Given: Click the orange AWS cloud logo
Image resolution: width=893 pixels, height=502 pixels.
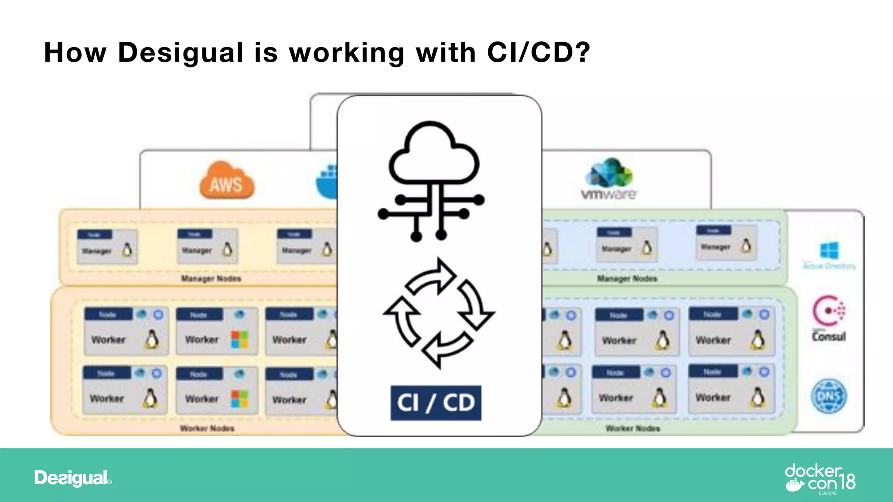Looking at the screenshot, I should [x=227, y=181].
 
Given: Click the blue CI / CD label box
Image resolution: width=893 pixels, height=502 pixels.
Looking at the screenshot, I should [x=436, y=403].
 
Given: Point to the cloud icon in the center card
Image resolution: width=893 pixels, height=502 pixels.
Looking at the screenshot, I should [x=434, y=155].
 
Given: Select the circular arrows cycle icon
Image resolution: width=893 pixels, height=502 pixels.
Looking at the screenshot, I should [x=438, y=313].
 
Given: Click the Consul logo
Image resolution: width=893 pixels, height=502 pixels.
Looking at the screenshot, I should [x=828, y=318].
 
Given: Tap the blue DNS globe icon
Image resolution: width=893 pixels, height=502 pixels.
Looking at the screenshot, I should [x=828, y=396].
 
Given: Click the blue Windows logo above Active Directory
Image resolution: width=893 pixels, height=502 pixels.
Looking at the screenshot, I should [x=829, y=251].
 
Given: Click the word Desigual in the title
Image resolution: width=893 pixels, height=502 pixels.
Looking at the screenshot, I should [x=181, y=53].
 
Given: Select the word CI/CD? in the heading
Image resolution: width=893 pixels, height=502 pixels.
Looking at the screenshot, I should [x=539, y=53].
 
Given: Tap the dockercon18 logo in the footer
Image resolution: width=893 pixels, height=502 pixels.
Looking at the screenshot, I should [x=820, y=479].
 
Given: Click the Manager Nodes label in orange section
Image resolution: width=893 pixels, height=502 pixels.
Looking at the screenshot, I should [x=211, y=278].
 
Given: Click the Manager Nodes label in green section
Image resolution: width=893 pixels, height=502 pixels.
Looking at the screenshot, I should [x=627, y=278].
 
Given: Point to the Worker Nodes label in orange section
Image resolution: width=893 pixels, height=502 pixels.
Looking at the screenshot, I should [x=207, y=428].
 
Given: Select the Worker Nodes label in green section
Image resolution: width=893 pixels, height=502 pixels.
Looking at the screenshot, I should [x=633, y=428].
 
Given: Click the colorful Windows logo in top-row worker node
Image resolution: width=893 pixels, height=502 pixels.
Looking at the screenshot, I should [x=239, y=339].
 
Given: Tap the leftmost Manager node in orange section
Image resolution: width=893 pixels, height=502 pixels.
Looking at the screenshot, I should [x=107, y=247].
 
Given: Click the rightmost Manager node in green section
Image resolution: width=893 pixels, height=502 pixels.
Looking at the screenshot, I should [x=726, y=243].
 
